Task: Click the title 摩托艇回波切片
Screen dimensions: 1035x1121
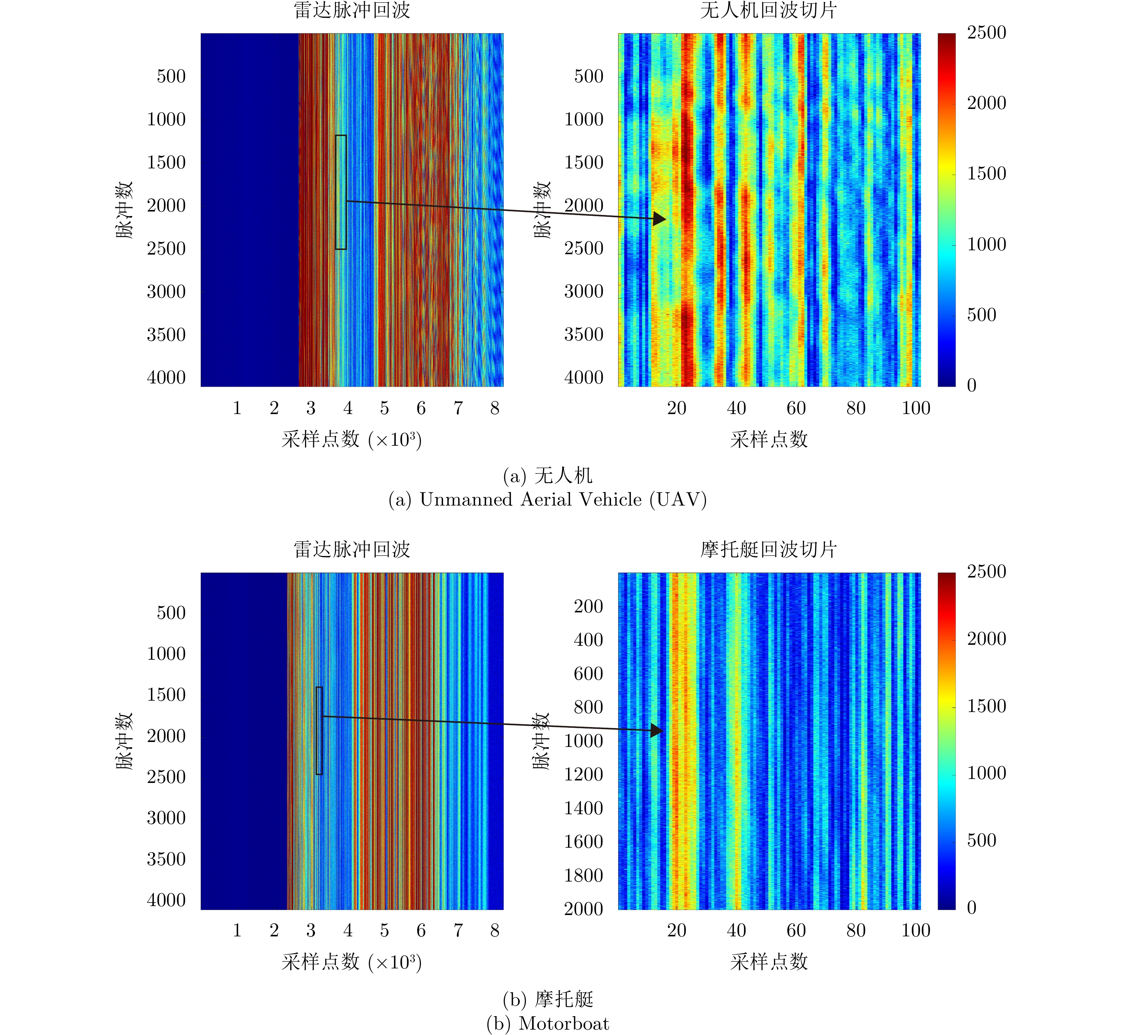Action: pyautogui.click(x=768, y=549)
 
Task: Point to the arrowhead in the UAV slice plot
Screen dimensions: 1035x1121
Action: pyautogui.click(x=659, y=218)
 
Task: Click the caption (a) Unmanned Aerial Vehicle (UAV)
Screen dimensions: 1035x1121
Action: pyautogui.click(x=547, y=499)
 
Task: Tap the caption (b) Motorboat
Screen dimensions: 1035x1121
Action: pyautogui.click(x=547, y=1023)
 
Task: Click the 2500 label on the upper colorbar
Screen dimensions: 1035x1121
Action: pyautogui.click(x=986, y=32)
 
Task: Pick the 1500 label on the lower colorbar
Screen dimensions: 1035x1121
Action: pyautogui.click(x=986, y=706)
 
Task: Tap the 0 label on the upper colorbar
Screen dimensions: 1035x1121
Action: pyautogui.click(x=972, y=385)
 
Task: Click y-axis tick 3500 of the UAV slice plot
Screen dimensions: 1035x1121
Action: pyautogui.click(x=584, y=334)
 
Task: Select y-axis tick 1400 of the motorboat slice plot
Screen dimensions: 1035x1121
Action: pyautogui.click(x=584, y=808)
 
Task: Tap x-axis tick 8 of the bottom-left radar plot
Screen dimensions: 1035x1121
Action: pyautogui.click(x=495, y=930)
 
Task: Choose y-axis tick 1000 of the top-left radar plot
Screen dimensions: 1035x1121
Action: pyautogui.click(x=166, y=119)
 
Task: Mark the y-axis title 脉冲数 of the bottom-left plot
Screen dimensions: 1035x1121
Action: pyautogui.click(x=124, y=741)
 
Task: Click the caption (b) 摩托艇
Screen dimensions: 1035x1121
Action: pyautogui.click(x=547, y=999)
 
